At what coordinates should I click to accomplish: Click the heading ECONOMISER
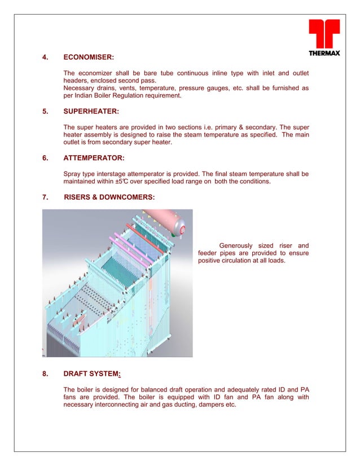(89, 57)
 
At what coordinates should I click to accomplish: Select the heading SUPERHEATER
(91, 112)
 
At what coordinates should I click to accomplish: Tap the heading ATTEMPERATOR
(94, 159)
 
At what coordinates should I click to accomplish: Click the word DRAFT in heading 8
(76, 373)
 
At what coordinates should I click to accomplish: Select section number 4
(45, 57)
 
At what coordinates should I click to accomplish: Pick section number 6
(45, 159)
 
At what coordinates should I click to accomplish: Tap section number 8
(45, 373)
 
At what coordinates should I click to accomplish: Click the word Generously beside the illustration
(236, 245)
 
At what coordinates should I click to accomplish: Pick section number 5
(45, 112)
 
